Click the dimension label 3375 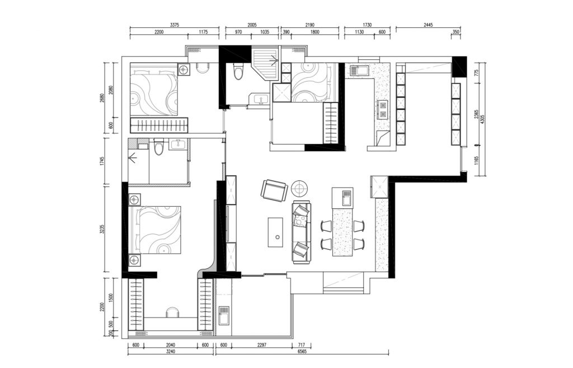175,25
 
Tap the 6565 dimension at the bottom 302,352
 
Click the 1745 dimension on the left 102,161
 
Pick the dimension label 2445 428,25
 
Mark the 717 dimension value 302,344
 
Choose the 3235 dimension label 102,229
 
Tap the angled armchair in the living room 274,190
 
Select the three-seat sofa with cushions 302,231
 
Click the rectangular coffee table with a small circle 275,232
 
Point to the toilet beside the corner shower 238,71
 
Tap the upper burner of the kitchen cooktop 383,105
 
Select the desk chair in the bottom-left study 173,312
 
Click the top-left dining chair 326,226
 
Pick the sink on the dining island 346,198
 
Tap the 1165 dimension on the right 476,161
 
